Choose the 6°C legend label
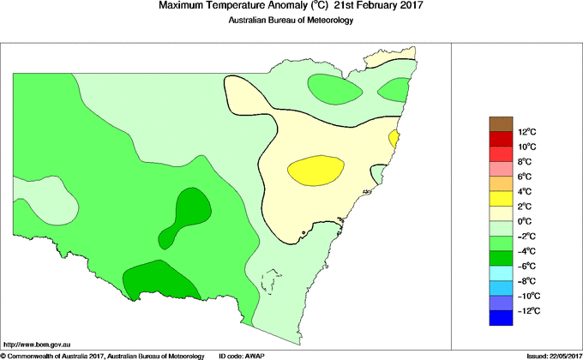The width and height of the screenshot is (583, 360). (x=502, y=176)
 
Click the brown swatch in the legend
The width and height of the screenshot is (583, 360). (x=501, y=123)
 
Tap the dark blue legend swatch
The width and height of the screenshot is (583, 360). (x=501, y=318)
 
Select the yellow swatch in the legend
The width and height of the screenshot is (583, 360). (x=501, y=198)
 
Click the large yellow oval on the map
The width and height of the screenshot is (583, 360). (x=315, y=171)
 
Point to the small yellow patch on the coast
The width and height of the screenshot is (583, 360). (x=394, y=137)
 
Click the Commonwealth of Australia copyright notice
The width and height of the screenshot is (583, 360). (x=103, y=355)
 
